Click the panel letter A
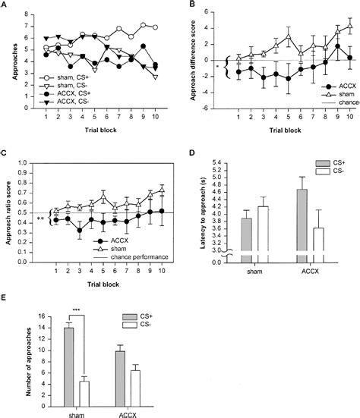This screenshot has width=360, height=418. click(x=5, y=5)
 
